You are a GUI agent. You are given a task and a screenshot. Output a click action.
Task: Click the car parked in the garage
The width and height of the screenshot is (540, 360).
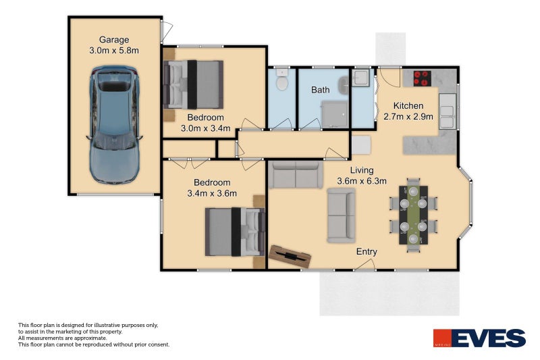pyautogui.click(x=115, y=126)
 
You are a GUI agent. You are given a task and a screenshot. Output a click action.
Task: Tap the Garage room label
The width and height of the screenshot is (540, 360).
pyautogui.click(x=114, y=40)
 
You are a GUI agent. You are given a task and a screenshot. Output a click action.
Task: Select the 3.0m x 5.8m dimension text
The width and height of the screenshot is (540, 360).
pyautogui.click(x=114, y=51)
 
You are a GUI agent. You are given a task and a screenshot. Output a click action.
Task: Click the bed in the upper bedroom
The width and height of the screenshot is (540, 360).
pyautogui.click(x=194, y=84)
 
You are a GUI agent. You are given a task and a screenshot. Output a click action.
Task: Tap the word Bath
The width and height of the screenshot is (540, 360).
pyautogui.click(x=320, y=90)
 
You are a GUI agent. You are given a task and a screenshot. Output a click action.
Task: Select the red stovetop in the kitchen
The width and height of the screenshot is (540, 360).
pyautogui.click(x=423, y=78)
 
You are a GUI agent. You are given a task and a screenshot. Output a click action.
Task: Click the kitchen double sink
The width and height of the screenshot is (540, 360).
pyautogui.click(x=448, y=116)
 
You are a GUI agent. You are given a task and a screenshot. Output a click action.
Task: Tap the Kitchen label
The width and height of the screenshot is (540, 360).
pyautogui.click(x=408, y=106)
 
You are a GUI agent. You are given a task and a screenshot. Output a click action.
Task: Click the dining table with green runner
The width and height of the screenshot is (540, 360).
pyautogui.click(x=413, y=214)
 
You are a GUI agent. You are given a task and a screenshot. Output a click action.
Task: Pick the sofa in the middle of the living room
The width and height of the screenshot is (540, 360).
pyautogui.click(x=341, y=215)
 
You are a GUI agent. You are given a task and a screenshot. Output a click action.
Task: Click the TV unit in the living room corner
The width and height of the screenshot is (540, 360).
pyautogui.click(x=290, y=255)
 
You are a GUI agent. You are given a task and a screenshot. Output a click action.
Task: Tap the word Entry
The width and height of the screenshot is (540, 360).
pyautogui.click(x=367, y=252)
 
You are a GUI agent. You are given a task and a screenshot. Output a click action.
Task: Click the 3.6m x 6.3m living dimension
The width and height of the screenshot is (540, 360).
pyautogui.click(x=362, y=181)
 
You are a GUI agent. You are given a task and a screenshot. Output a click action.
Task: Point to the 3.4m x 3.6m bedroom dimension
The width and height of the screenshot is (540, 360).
pyautogui.click(x=212, y=194)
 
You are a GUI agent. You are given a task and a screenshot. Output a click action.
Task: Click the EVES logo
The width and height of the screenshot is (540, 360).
pyautogui.click(x=479, y=338)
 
